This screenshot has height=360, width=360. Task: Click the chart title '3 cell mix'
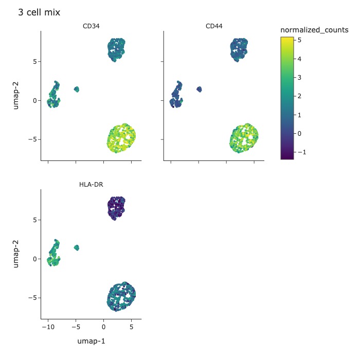(39, 12)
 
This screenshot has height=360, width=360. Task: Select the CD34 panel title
(91, 26)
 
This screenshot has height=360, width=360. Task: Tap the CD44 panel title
(213, 26)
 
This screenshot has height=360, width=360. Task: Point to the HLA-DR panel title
(91, 185)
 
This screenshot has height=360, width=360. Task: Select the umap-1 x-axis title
(91, 341)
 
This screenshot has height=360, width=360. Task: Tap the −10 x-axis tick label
(48, 327)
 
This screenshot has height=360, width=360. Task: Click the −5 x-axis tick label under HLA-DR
(76, 327)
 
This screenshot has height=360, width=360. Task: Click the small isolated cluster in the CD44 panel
(199, 89)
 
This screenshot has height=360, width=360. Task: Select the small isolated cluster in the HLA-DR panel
(77, 247)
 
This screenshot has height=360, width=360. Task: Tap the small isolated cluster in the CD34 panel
(77, 89)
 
